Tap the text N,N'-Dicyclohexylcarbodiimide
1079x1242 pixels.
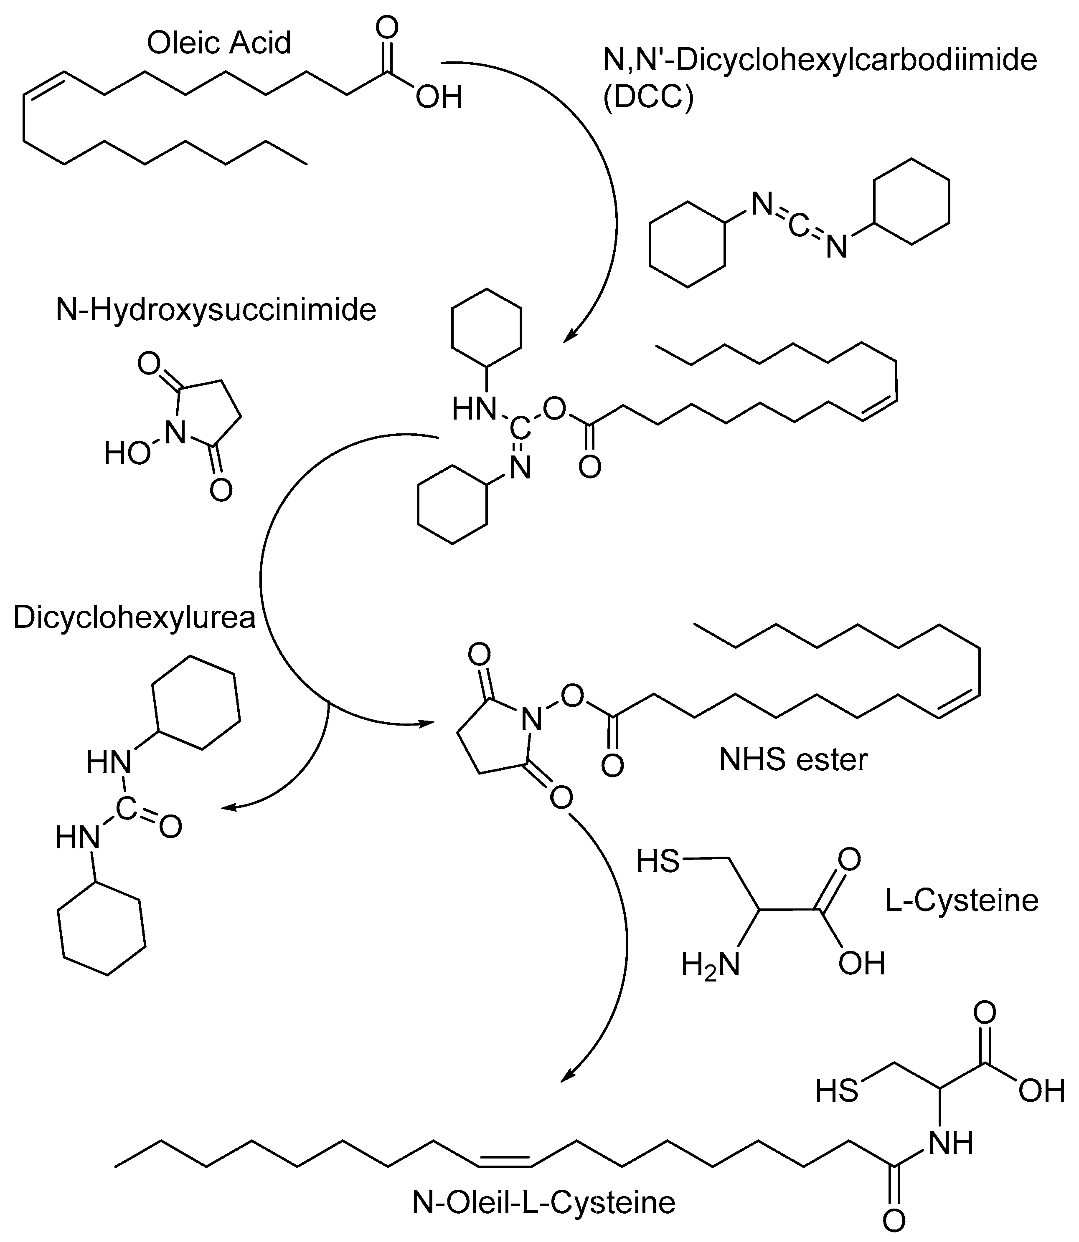(820, 60)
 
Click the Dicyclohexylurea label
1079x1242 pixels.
(134, 618)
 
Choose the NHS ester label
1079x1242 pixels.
(793, 760)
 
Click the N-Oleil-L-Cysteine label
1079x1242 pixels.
(544, 1203)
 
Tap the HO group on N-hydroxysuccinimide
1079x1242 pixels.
(127, 454)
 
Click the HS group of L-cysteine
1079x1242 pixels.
(658, 861)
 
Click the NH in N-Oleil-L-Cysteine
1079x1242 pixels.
(951, 1143)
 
